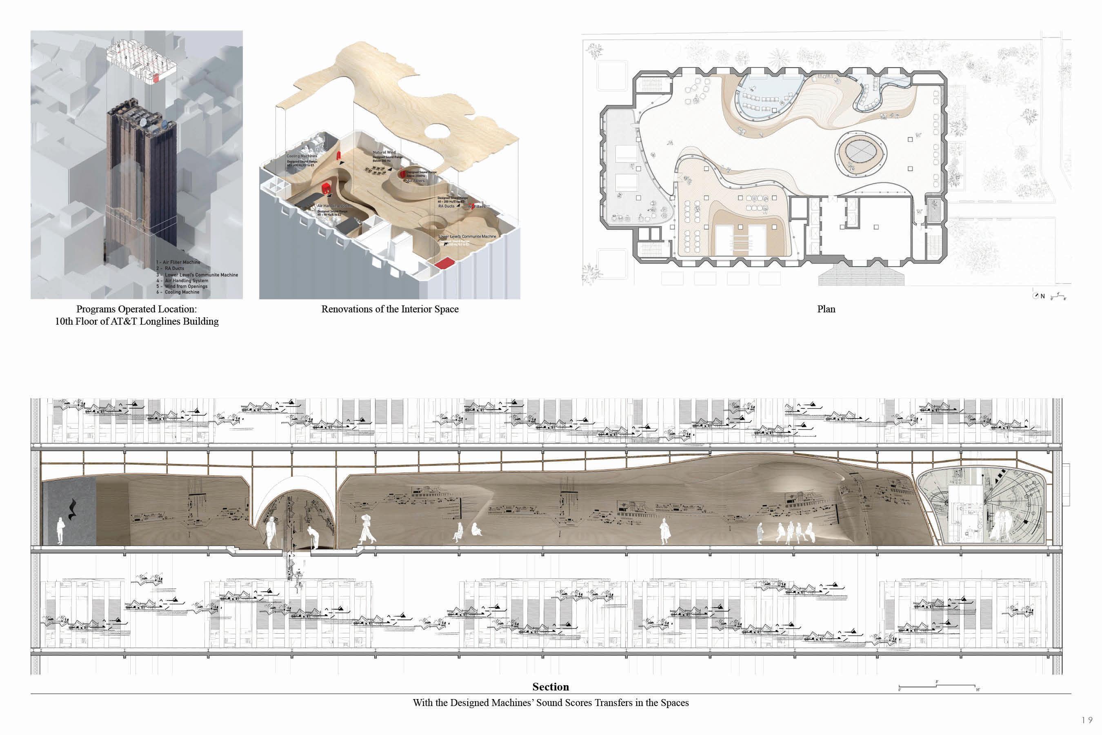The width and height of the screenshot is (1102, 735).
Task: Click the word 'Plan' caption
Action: [x=826, y=310]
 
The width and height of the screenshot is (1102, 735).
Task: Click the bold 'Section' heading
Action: [x=551, y=687]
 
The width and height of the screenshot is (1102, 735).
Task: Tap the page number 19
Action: [x=1087, y=720]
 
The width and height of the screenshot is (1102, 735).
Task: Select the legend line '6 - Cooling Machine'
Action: [x=178, y=292]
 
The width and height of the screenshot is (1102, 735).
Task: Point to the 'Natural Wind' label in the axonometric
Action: [x=384, y=152]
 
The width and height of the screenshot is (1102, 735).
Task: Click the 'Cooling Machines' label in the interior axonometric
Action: [x=302, y=156]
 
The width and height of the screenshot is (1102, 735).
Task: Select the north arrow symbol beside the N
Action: [x=1035, y=296]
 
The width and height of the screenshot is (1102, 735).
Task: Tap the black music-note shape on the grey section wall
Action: [x=72, y=510]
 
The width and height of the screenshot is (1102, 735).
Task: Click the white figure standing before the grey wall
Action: [x=60, y=531]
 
